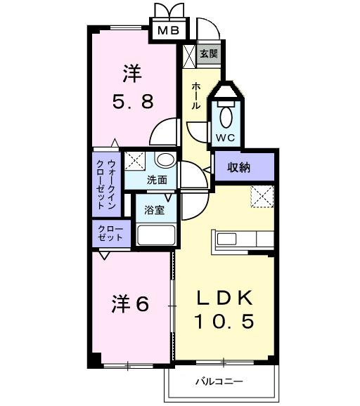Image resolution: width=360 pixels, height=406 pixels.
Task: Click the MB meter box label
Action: (168, 30)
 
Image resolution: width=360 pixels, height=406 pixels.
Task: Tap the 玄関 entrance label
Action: (208, 53)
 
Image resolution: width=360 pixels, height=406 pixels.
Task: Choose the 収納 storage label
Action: (239, 167)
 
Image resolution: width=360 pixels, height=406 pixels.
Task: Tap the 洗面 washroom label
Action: (157, 179)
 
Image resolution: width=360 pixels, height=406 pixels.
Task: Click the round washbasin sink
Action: (165, 160)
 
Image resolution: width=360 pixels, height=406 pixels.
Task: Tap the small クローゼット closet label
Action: (110, 234)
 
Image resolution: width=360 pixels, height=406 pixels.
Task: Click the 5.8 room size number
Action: (133, 101)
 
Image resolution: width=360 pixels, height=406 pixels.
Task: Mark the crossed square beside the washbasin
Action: (136, 160)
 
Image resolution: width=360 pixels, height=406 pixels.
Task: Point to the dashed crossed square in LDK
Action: (262, 197)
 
